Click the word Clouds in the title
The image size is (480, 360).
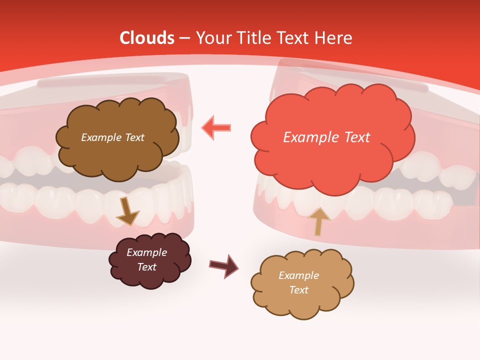click(147, 38)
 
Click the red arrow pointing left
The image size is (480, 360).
click(216, 127)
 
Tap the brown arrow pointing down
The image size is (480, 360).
click(127, 212)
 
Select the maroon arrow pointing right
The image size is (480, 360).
click(223, 266)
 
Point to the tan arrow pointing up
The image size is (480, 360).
click(319, 221)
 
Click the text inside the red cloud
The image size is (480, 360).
click(326, 137)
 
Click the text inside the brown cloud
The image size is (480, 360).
click(112, 137)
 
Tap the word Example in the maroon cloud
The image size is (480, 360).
click(146, 252)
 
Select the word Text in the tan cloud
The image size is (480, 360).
click(298, 290)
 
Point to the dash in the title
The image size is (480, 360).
click(184, 38)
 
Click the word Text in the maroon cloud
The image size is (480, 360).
click(146, 267)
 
